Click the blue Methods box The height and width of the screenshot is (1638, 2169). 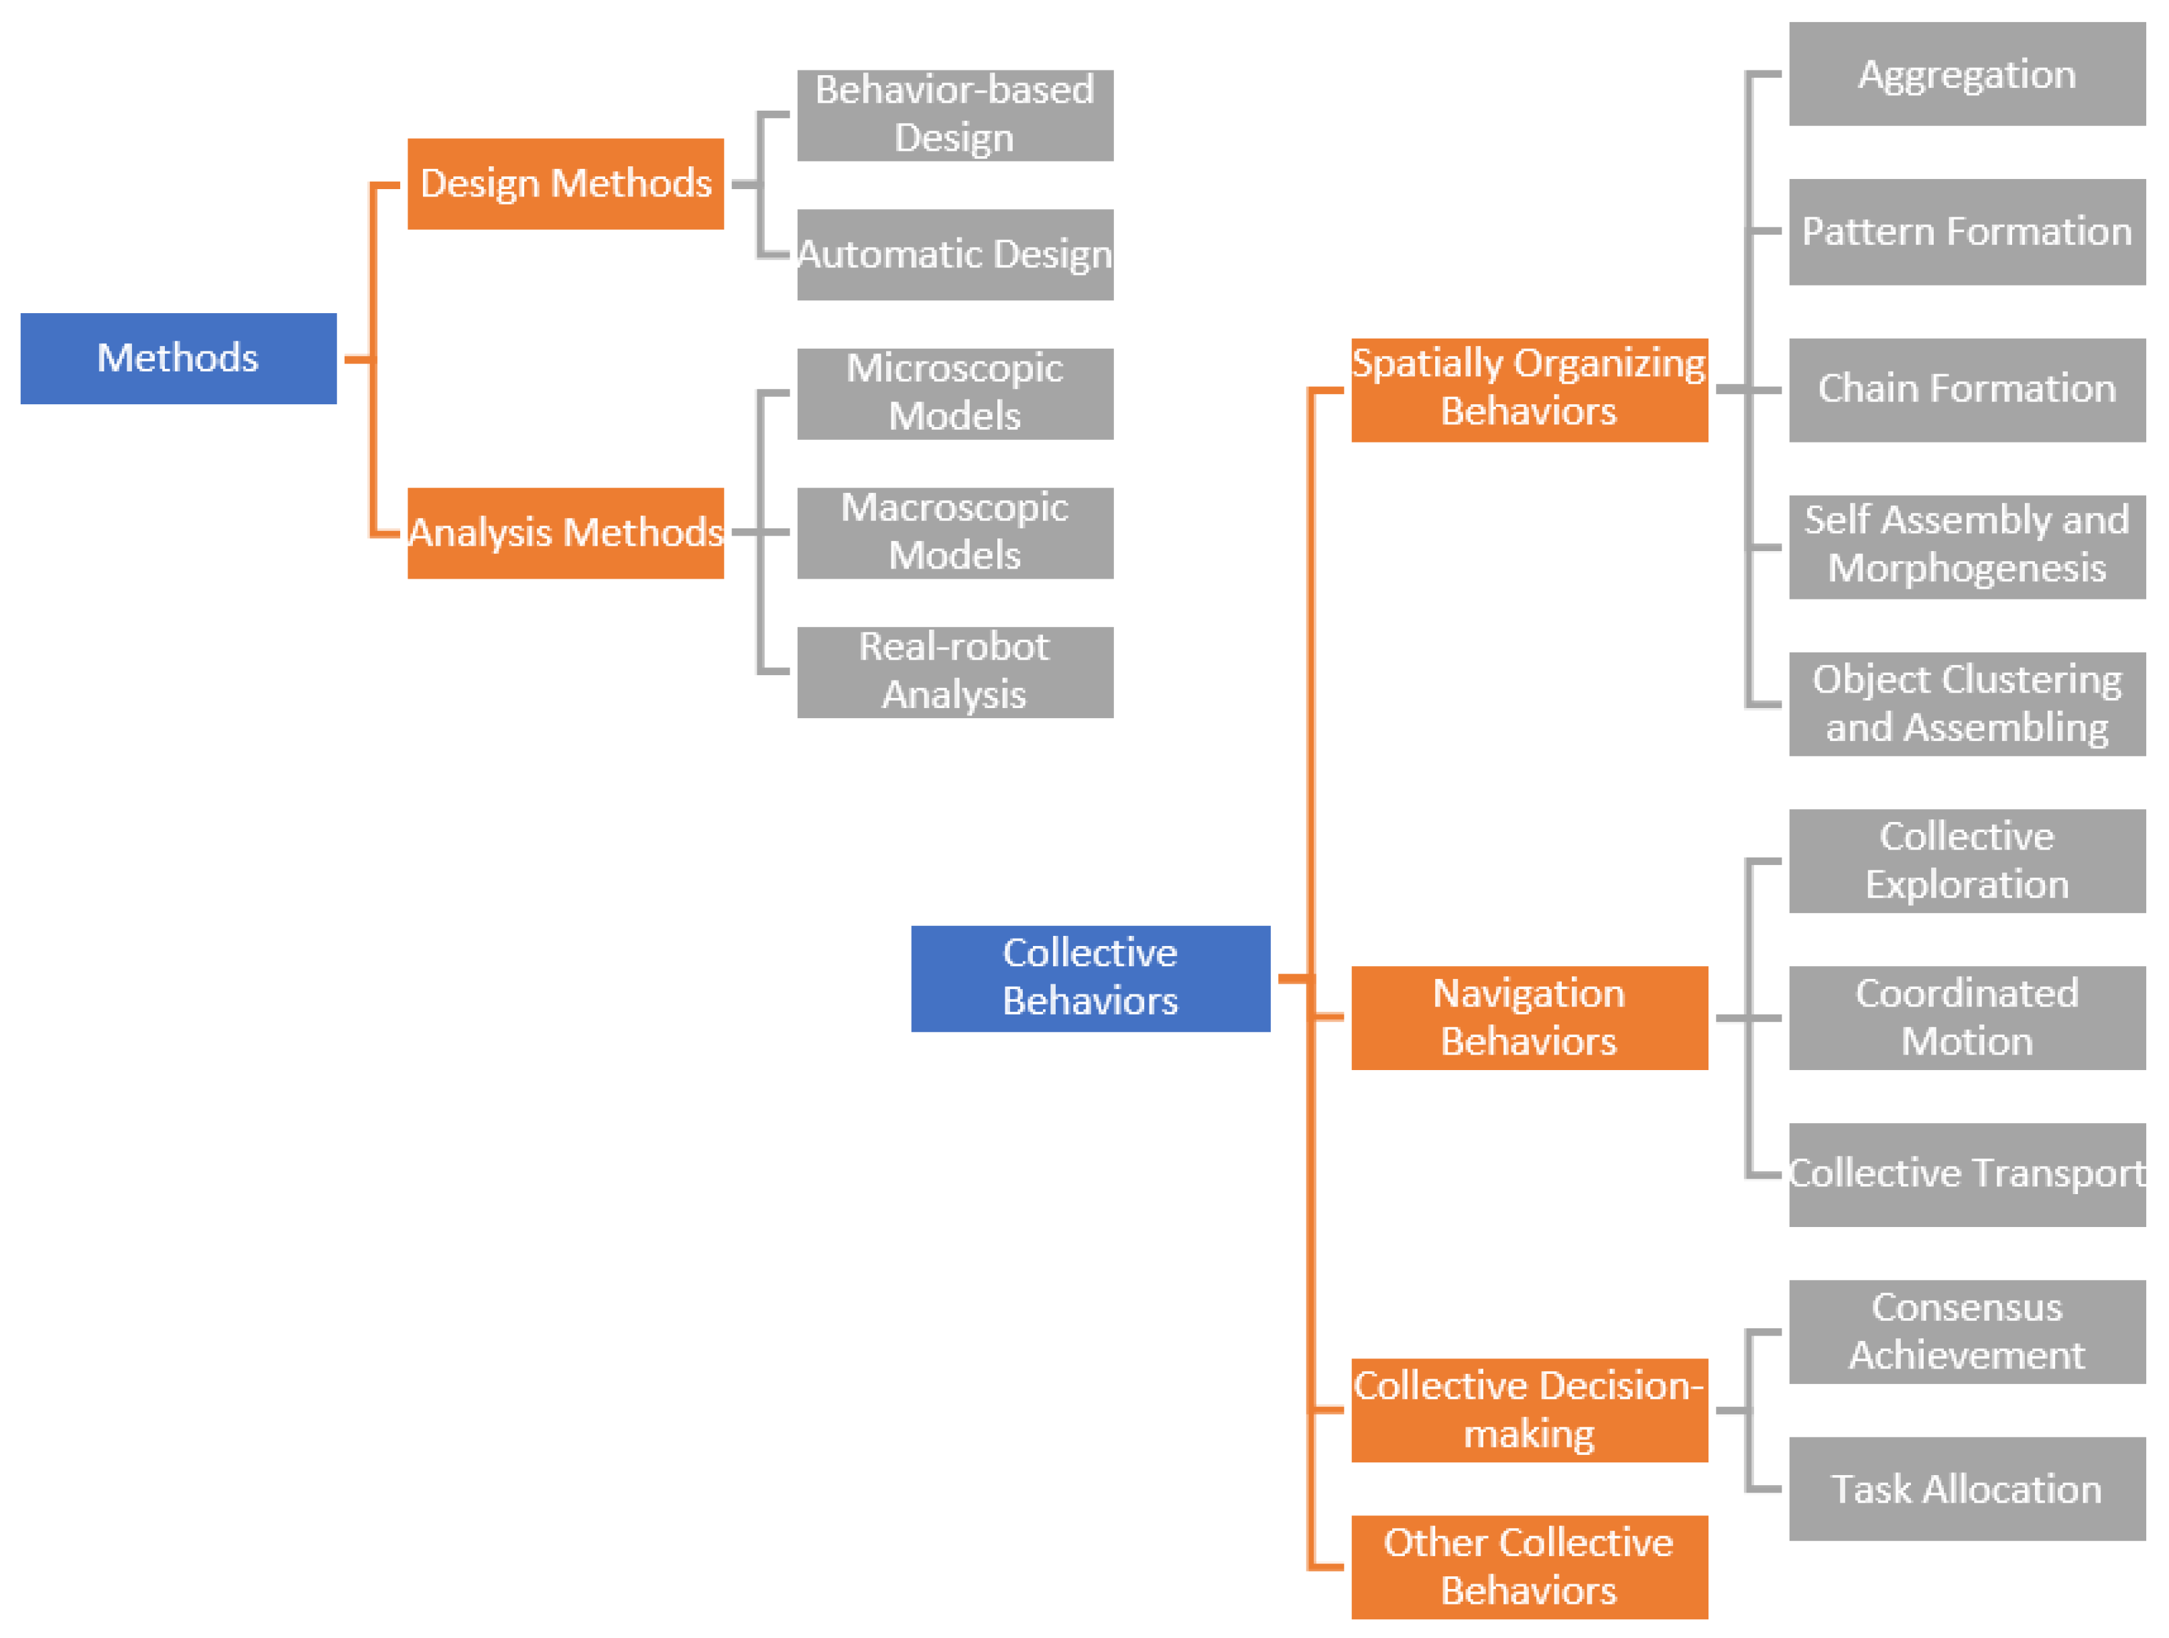pos(178,358)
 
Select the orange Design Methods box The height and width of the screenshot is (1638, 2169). pos(566,184)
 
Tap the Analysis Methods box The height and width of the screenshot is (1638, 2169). pos(566,532)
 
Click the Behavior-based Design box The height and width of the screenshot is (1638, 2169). pos(955,115)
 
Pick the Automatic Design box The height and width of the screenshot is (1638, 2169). pos(955,254)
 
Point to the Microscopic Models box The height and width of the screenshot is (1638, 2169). pos(955,394)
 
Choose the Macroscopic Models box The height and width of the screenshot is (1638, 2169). pos(955,532)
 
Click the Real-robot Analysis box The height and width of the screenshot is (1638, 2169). pos(955,672)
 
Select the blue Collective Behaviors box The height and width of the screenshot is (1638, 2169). pos(1091,978)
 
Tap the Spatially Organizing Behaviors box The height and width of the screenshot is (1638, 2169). pos(1530,390)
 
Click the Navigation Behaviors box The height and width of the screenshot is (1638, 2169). pos(1530,1017)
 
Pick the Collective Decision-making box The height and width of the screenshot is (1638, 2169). pos(1530,1409)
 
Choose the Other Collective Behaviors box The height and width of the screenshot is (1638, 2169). pos(1530,1566)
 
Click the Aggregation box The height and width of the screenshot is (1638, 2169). pos(1967,74)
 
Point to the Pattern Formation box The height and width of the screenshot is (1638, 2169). pos(1967,231)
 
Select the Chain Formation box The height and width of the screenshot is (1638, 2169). pos(1967,390)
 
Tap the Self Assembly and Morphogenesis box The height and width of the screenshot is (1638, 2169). pos(1967,546)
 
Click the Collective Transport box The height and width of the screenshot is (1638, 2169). pos(1967,1174)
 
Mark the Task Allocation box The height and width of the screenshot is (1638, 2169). pos(1967,1488)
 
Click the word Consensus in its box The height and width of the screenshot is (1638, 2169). pos(1967,1307)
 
